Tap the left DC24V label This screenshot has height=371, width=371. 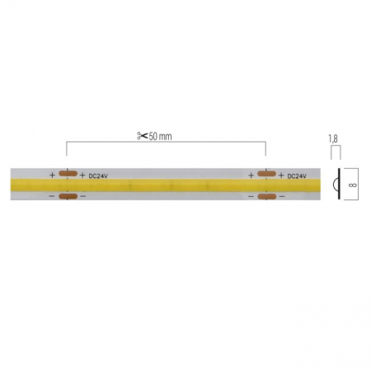pyautogui.click(x=101, y=175)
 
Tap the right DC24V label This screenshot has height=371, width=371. pyautogui.click(x=300, y=175)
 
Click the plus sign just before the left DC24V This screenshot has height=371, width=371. pyautogui.click(x=82, y=175)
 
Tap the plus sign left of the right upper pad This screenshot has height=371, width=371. pyautogui.click(x=251, y=175)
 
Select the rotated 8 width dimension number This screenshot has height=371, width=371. pyautogui.click(x=350, y=185)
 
